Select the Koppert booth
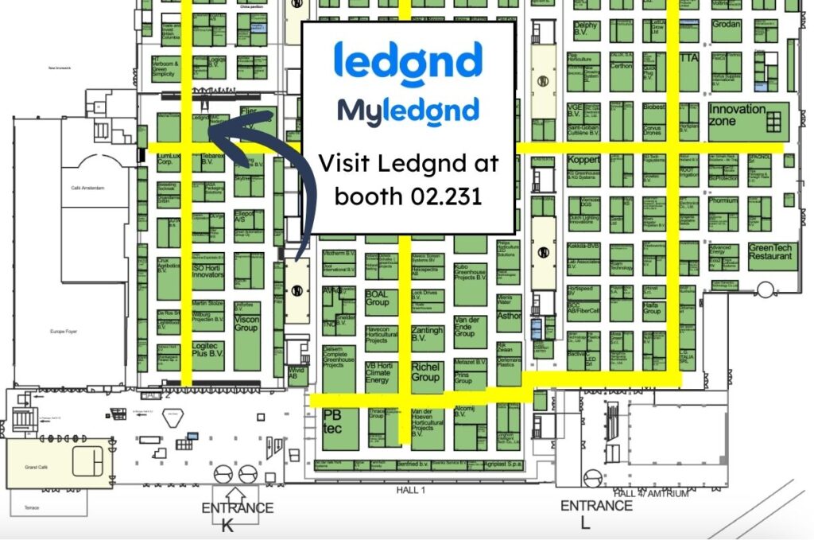click(584, 160)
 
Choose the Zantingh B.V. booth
click(427, 336)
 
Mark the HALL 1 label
click(411, 491)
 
